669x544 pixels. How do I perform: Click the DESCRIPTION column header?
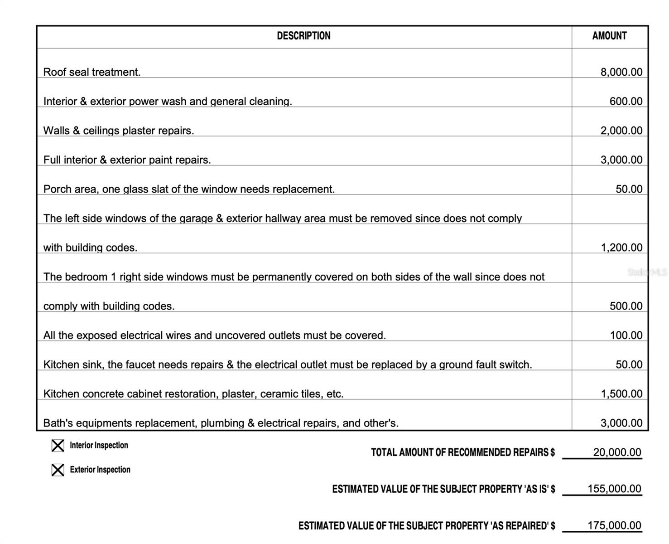point(303,36)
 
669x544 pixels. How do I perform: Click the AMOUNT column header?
point(609,36)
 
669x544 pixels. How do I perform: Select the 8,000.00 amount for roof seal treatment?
point(621,72)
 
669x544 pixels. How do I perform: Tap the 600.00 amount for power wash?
point(626,101)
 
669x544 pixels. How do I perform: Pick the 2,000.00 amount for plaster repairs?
point(621,131)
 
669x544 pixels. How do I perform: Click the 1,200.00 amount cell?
point(621,248)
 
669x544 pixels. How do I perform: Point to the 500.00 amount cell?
point(626,306)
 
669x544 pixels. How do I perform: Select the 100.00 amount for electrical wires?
point(626,335)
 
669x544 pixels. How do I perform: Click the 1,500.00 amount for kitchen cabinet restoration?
point(621,394)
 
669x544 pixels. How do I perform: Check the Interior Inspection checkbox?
point(58,446)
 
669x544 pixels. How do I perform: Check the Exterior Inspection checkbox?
point(58,470)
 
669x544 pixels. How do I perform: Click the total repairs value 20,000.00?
point(617,452)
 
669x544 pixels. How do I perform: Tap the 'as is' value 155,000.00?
point(614,489)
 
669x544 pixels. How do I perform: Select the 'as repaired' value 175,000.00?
point(614,525)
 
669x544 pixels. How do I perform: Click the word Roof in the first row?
point(54,72)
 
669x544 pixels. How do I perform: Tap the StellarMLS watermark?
point(647,272)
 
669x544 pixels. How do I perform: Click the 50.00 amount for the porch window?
point(629,189)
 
